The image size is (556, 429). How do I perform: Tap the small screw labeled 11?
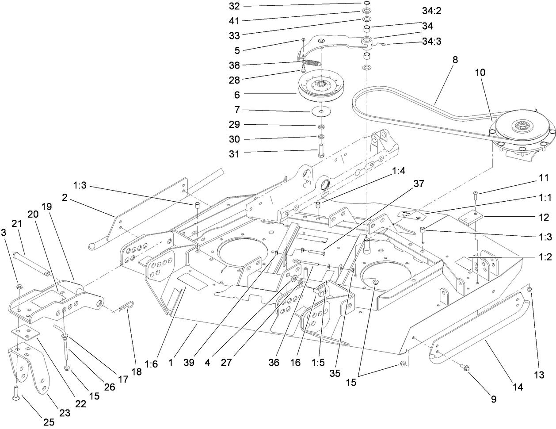point(475,194)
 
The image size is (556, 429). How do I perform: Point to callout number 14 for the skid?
point(518,387)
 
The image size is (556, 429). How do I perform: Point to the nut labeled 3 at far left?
point(19,288)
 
